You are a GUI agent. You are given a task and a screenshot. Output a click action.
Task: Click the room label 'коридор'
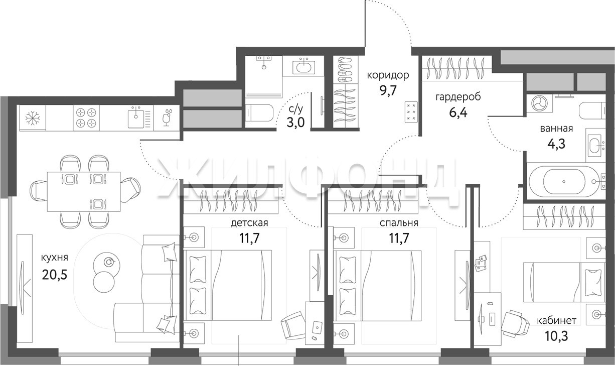click(x=388, y=75)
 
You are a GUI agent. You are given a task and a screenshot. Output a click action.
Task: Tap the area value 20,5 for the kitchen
click(x=55, y=274)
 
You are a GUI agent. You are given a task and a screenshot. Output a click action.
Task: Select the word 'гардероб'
click(x=458, y=97)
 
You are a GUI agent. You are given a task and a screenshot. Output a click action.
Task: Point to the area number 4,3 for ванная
click(x=556, y=144)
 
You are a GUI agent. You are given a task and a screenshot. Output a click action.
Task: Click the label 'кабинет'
click(x=556, y=321)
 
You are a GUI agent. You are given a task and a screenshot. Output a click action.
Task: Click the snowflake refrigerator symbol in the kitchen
click(x=33, y=118)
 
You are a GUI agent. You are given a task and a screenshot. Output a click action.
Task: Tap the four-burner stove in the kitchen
click(x=86, y=118)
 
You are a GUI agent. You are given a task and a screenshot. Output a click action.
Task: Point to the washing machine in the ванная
click(x=539, y=103)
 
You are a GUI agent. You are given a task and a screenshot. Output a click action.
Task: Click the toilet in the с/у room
click(x=259, y=112)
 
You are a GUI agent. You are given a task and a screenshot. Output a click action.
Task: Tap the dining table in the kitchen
click(x=84, y=191)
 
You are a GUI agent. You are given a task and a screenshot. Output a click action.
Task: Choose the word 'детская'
click(x=249, y=223)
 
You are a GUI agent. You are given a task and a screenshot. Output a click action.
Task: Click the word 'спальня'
click(x=399, y=223)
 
